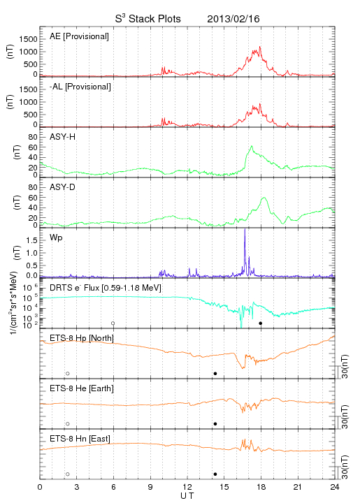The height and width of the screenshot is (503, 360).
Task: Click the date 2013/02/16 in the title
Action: [233, 19]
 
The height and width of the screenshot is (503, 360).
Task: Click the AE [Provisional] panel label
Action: [79, 36]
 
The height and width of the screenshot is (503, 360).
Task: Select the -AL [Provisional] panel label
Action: [80, 87]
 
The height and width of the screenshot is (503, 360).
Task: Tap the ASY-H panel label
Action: [63, 137]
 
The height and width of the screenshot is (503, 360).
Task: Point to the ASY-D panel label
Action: [63, 187]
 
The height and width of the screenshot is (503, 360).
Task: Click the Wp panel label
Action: [56, 238]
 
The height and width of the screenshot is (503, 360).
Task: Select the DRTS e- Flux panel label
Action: [106, 288]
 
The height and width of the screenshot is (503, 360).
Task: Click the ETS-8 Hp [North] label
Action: [82, 338]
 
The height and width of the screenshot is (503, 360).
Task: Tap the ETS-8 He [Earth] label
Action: [82, 388]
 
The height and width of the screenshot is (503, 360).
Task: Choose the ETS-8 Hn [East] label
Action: [80, 439]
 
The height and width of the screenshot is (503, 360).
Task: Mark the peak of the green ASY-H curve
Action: [252, 146]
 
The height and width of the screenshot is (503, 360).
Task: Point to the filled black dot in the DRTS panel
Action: [261, 323]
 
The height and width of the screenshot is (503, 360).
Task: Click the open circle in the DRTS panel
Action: [113, 323]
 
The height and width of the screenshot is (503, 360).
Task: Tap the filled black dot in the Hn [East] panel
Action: [215, 474]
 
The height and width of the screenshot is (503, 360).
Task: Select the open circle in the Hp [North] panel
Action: [68, 374]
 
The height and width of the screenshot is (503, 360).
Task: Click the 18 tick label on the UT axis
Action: [261, 487]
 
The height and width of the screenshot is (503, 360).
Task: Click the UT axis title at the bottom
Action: [187, 495]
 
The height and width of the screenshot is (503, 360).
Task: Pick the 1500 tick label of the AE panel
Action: [28, 39]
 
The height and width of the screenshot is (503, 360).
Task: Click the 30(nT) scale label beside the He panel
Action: [345, 416]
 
